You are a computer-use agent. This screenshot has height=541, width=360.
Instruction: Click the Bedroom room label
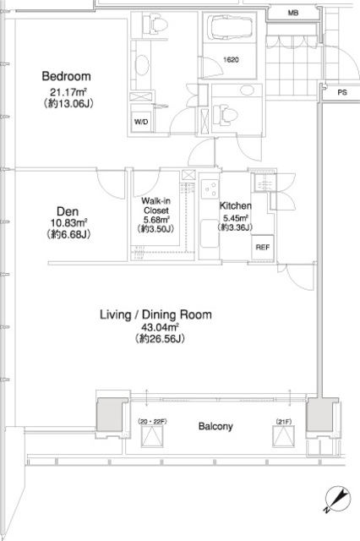(x=66, y=76)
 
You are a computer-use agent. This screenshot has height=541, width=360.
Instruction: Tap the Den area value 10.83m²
(x=68, y=223)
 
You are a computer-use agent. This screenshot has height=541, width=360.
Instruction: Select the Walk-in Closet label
(x=155, y=205)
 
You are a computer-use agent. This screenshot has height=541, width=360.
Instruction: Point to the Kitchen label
(x=236, y=206)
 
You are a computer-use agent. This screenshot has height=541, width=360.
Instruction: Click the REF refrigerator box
(x=263, y=248)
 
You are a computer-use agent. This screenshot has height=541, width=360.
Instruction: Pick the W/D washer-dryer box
(x=141, y=122)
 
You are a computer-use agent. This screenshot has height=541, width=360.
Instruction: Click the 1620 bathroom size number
(x=231, y=60)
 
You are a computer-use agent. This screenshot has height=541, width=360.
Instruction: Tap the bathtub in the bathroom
(x=229, y=28)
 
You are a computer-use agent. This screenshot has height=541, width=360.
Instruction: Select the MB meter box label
(x=293, y=14)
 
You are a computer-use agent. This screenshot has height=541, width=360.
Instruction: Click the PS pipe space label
(x=342, y=92)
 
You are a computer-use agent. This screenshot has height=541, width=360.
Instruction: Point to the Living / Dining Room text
(x=155, y=314)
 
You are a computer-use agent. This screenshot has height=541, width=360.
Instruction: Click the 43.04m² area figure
(x=160, y=327)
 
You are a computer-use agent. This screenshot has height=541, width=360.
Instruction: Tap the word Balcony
(x=215, y=426)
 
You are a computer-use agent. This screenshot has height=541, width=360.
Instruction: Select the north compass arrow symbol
(x=338, y=499)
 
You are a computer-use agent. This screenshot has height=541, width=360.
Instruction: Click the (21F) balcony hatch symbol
(x=283, y=436)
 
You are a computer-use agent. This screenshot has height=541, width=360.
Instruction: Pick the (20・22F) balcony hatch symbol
(x=152, y=436)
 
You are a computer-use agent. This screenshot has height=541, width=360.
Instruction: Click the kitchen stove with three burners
(x=210, y=189)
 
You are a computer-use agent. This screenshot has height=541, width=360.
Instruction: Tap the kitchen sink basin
(x=210, y=233)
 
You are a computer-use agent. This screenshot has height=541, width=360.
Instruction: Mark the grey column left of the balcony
(x=110, y=414)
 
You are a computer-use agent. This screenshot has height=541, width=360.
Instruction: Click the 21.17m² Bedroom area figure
(x=68, y=92)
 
